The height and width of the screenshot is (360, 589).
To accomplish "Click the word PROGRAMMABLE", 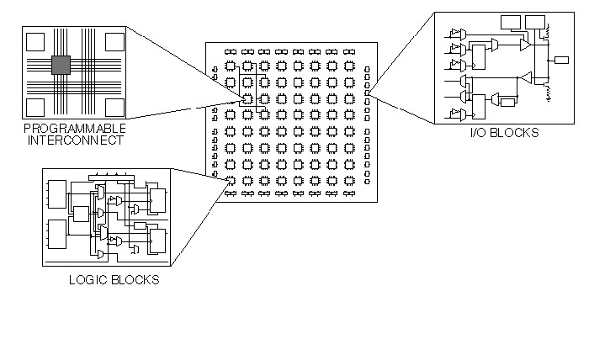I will pos(75,128).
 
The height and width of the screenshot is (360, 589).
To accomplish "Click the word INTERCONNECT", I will pos(75,140).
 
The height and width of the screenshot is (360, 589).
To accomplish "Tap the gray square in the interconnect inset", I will pos(61,66).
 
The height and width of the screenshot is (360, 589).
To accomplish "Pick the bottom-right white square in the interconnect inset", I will pos(112,105).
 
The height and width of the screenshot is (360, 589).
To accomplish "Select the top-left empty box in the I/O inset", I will pos(511,20).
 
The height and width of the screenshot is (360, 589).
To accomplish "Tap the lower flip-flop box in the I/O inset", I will pos(478,105).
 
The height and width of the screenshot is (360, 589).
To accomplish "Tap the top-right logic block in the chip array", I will pos(347,66).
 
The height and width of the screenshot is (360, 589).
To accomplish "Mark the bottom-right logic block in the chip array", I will pos(347,180).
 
